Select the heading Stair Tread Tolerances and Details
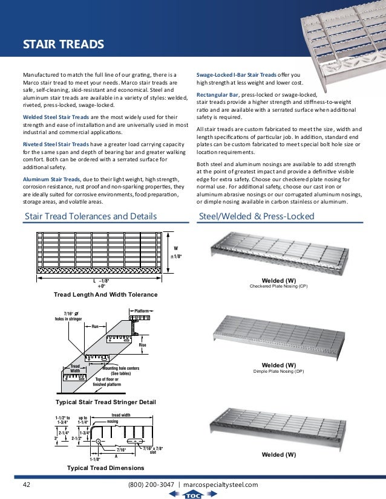90,216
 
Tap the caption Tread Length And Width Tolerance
106,294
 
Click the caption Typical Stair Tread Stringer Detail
106,402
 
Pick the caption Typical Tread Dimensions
106,468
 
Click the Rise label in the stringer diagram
160,345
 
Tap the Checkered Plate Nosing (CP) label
279,286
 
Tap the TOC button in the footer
193,494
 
